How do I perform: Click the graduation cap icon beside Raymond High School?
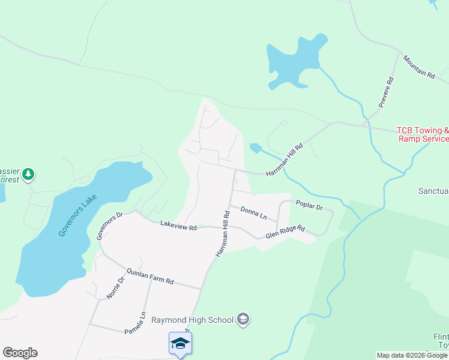coord(243,319)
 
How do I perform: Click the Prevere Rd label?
coord(385,92)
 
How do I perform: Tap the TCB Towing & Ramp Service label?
coord(423,134)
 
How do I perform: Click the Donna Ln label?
coord(253,212)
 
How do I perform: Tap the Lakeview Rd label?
coord(178,226)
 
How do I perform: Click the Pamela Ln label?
coord(136,323)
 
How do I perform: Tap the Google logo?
coord(20,353)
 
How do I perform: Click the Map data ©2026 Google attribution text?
coord(412,355)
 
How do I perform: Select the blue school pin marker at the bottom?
coord(180,344)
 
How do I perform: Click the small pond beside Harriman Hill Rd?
coord(255,148)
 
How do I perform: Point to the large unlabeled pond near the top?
coord(294,60)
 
